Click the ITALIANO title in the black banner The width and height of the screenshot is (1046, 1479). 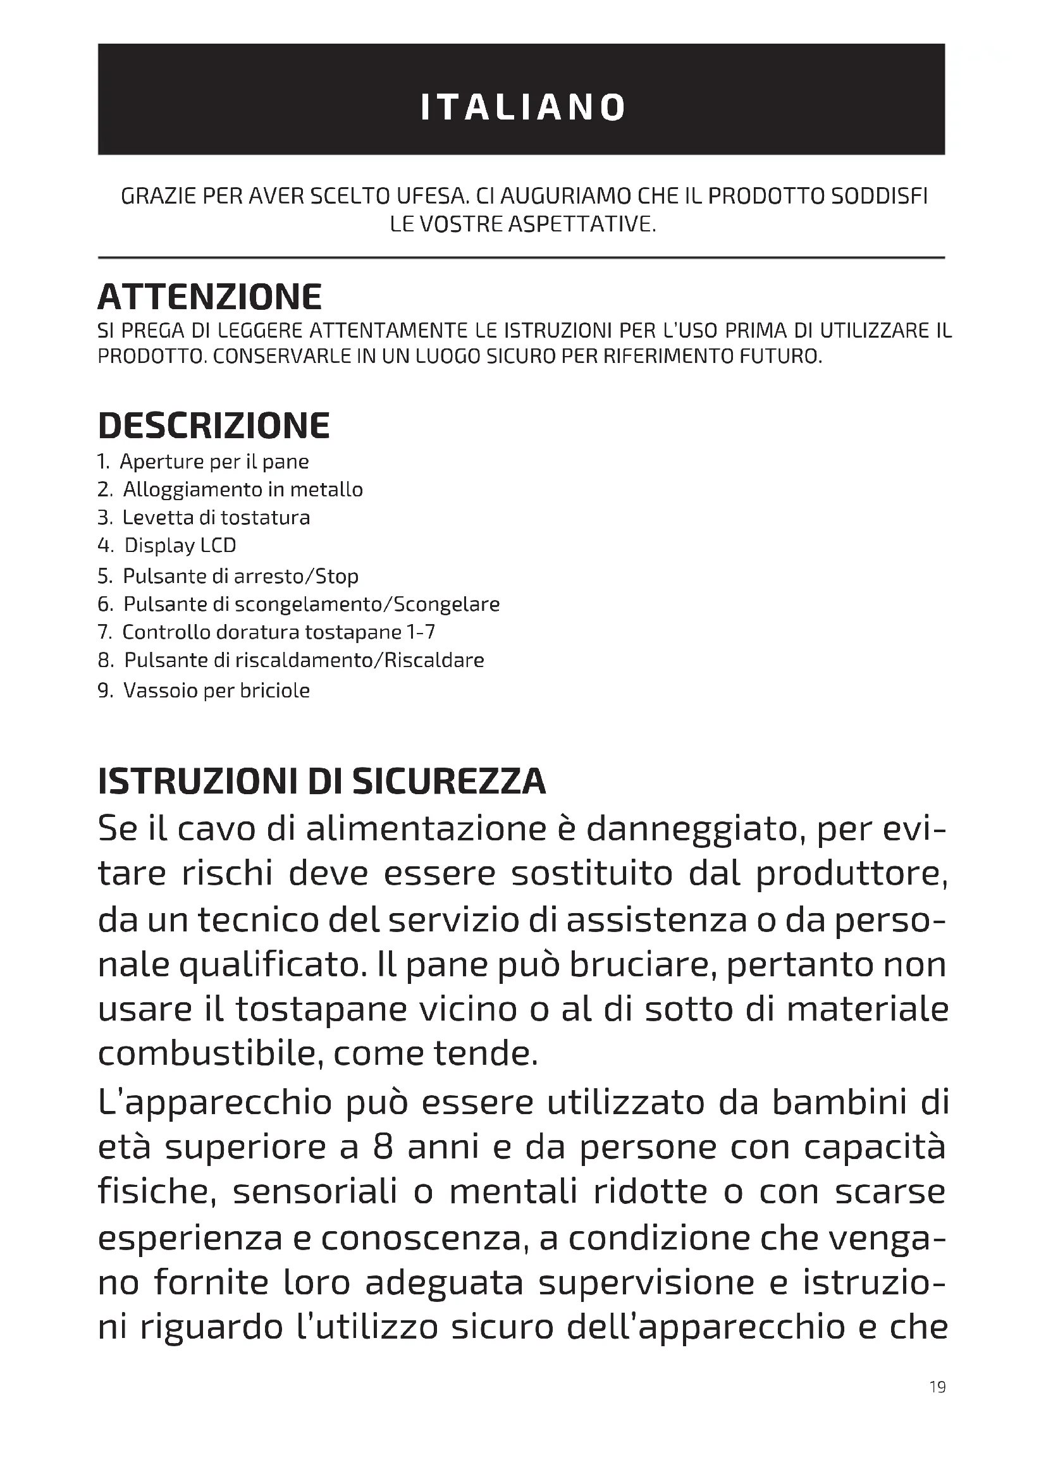click(x=522, y=107)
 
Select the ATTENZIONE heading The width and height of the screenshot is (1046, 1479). click(x=210, y=297)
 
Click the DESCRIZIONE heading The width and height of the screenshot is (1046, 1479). click(x=214, y=426)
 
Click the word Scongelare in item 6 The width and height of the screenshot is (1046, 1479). click(x=446, y=604)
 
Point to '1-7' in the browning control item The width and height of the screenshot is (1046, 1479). click(x=421, y=632)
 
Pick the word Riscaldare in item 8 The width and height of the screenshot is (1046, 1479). click(x=434, y=660)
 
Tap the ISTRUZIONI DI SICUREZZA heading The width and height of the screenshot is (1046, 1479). click(x=322, y=782)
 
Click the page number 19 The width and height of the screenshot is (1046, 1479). click(x=938, y=1386)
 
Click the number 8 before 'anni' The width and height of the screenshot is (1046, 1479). click(x=383, y=1147)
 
